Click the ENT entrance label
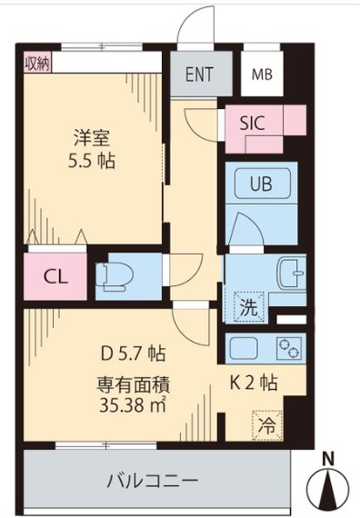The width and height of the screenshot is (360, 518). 200,75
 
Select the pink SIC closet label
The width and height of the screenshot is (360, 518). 252,123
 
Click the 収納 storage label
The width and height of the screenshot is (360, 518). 37,63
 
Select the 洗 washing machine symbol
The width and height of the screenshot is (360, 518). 248,306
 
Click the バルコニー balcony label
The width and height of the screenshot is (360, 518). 152,480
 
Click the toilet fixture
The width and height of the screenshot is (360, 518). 117,276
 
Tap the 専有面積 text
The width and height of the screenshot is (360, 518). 133,383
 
